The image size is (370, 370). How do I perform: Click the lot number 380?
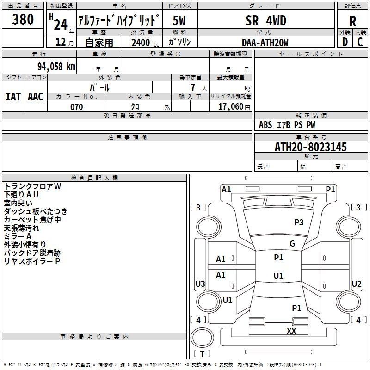tap(23, 20)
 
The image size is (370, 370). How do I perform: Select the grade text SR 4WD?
tap(265, 20)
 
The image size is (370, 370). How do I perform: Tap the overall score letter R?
tap(352, 21)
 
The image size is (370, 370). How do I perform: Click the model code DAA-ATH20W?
tap(265, 43)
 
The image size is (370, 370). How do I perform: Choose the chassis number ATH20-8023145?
tap(310, 147)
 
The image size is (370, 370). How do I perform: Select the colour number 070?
tap(76, 107)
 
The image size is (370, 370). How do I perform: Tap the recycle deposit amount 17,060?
tap(230, 107)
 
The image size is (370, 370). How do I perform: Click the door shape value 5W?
tap(179, 20)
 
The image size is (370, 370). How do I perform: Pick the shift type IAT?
tap(13, 96)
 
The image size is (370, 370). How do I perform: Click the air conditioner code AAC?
tap(36, 96)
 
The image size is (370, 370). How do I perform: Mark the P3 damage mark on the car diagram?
tap(299, 222)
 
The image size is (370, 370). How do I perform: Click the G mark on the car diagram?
tap(292, 244)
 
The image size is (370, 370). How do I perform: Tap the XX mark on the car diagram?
tap(291, 331)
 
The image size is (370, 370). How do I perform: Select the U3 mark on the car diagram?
tap(200, 284)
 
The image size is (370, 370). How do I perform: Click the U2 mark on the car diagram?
tap(356, 284)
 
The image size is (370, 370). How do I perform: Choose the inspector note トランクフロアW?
tap(33, 186)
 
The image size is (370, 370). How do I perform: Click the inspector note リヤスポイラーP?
tap(32, 261)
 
